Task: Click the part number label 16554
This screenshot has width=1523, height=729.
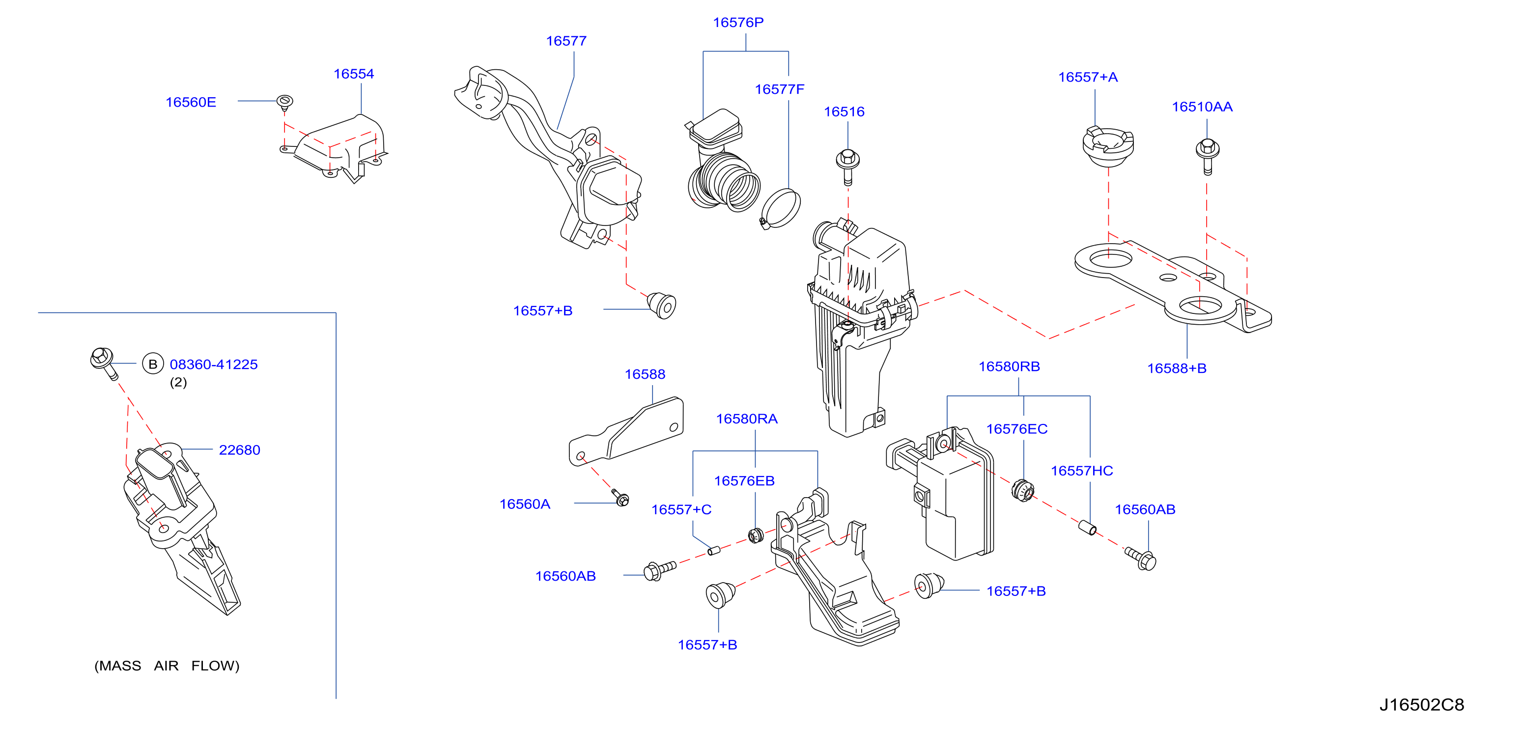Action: click(x=354, y=74)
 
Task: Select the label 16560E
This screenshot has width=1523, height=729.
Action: click(x=191, y=102)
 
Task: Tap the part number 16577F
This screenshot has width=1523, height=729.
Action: click(x=779, y=89)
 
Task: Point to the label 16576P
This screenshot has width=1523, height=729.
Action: click(x=738, y=23)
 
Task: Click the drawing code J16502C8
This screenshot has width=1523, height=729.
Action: click(x=1421, y=705)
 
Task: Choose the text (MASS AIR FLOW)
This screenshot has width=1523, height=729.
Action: click(x=167, y=666)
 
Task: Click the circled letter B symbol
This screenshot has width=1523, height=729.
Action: click(x=152, y=364)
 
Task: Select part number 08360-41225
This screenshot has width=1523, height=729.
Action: click(x=213, y=364)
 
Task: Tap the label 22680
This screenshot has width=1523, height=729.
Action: click(x=239, y=450)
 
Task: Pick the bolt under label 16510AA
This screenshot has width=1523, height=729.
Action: click(x=1207, y=156)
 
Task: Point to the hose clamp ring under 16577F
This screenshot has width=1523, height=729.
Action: click(x=781, y=209)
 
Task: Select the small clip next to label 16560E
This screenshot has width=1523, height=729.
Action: click(x=285, y=102)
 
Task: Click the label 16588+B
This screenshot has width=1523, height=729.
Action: click(x=1177, y=368)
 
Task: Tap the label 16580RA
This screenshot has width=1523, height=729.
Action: click(x=747, y=419)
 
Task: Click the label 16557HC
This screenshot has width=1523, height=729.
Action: click(x=1081, y=471)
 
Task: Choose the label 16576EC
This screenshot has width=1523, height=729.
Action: click(x=1016, y=429)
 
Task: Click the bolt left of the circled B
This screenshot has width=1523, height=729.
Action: click(x=104, y=363)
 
